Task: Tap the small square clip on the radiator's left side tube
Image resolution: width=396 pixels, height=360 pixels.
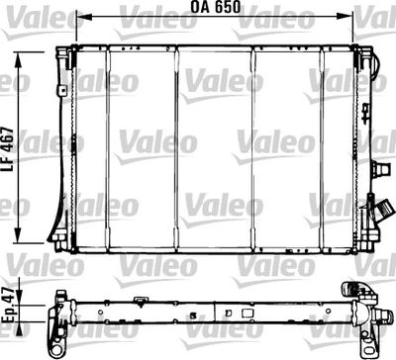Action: (x=61, y=91)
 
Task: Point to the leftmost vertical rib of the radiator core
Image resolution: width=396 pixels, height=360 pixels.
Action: (x=109, y=148)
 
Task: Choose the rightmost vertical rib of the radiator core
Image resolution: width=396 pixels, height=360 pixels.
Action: (x=323, y=148)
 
